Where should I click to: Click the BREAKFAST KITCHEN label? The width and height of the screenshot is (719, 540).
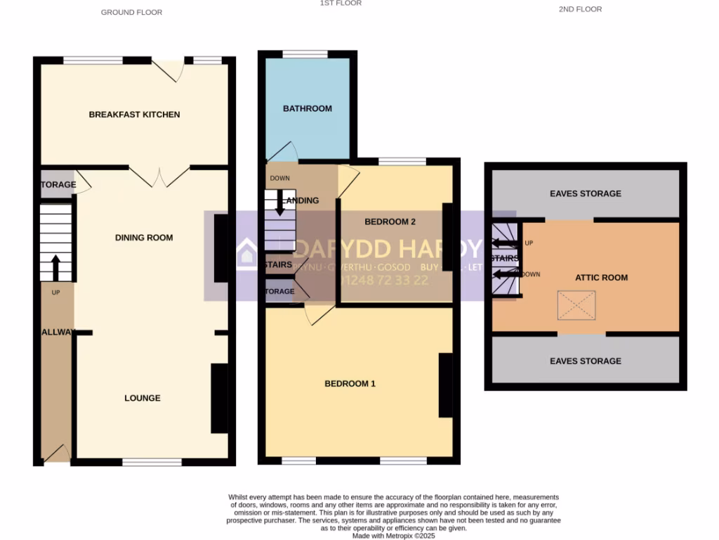[134, 115]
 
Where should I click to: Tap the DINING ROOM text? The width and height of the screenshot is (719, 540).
[144, 238]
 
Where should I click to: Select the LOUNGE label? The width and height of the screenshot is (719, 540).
[143, 398]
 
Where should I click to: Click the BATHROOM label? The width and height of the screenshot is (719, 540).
[308, 108]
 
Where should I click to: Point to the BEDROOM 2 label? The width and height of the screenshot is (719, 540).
[390, 221]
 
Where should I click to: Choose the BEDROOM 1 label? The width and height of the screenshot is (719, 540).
[350, 384]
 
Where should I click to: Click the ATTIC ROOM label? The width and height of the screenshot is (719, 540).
[602, 278]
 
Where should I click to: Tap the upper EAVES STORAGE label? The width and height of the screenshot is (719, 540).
[586, 193]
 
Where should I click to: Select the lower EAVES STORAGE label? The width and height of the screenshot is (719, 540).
[586, 361]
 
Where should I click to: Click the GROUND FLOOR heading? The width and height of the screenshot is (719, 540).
[131, 12]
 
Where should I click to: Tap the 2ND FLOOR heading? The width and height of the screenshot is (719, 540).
[580, 9]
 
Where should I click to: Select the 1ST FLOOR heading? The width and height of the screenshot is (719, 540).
[341, 4]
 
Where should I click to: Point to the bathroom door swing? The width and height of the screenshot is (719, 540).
[284, 151]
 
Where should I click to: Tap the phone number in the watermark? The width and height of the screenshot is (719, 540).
[394, 280]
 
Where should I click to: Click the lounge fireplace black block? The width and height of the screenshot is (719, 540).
[219, 398]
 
